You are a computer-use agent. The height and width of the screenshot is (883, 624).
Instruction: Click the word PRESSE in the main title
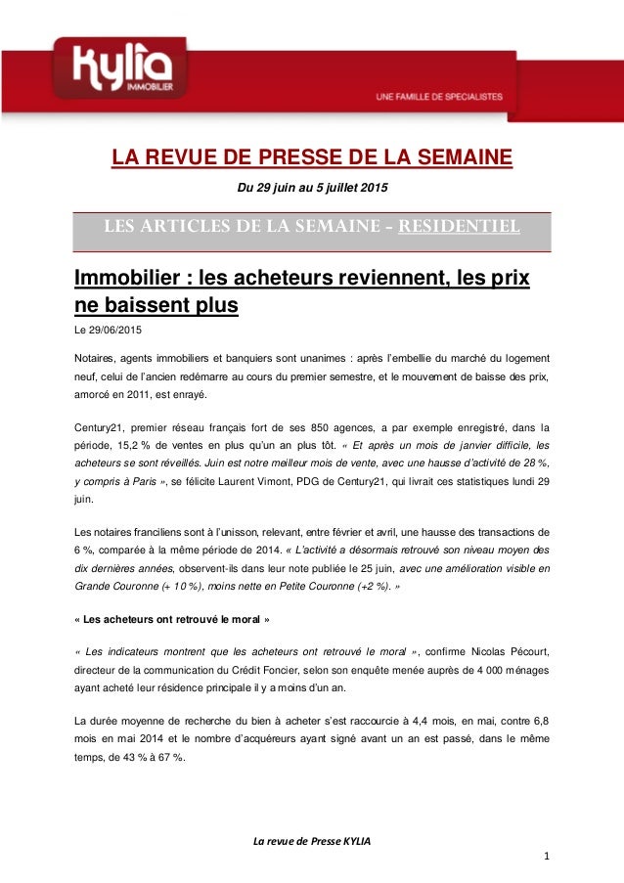tap(324, 157)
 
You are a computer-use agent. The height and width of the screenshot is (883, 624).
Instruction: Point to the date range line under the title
tap(311, 187)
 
